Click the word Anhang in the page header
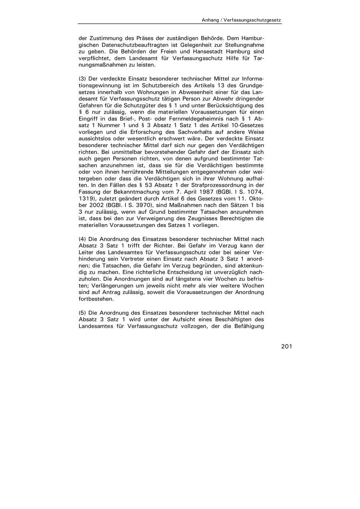coord(210,20)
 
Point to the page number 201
coord(286,346)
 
